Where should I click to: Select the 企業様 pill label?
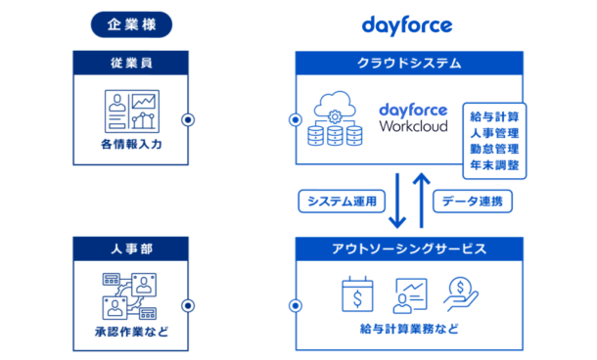pyautogui.click(x=130, y=24)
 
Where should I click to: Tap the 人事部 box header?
pyautogui.click(x=130, y=248)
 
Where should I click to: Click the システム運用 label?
pyautogui.click(x=338, y=201)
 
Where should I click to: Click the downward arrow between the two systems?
pyautogui.click(x=395, y=200)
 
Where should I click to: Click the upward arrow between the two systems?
pyautogui.click(x=420, y=200)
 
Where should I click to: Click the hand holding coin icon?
pyautogui.click(x=459, y=292)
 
